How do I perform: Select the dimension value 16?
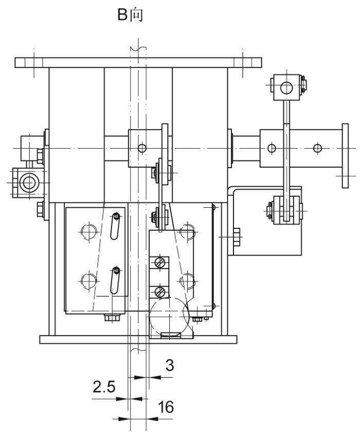pyautogui.click(x=166, y=407)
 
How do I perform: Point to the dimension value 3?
pyautogui.click(x=169, y=365)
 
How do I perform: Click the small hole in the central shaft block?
pyautogui.click(x=142, y=148)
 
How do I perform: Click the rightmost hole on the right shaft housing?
pyautogui.click(x=318, y=149)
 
